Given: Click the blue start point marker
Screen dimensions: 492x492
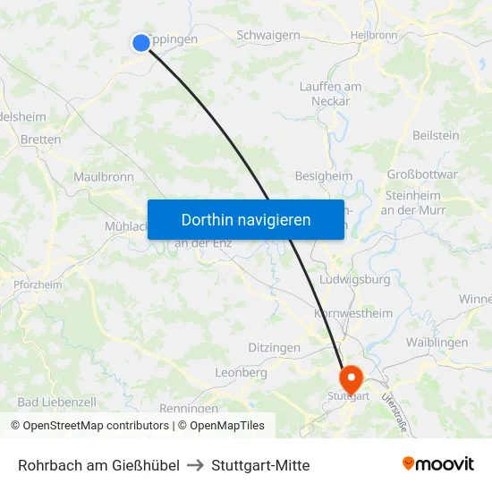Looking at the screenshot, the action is (x=141, y=42).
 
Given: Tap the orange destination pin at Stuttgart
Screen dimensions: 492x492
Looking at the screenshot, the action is (x=350, y=378).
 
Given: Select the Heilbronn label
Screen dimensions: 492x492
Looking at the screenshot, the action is (x=374, y=35).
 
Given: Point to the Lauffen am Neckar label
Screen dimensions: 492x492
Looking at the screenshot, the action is (x=330, y=94).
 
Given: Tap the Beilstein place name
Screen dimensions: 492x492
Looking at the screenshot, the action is (x=436, y=135).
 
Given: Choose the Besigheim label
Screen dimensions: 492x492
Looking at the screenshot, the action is (x=324, y=176).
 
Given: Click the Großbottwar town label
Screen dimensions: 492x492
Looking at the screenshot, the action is (x=422, y=174).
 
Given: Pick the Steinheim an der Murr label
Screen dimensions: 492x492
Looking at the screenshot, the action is (x=411, y=202).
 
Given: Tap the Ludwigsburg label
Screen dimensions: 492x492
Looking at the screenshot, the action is (x=355, y=280).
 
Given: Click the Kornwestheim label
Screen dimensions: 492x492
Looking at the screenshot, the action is (x=353, y=313).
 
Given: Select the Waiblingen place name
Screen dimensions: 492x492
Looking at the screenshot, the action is (x=437, y=343).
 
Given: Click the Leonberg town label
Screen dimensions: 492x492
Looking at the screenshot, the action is (x=242, y=372).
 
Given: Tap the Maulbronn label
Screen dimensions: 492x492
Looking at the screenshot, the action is (x=104, y=177).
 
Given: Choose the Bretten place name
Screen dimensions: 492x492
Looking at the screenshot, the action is (x=40, y=140).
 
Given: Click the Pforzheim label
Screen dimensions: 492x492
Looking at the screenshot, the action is (x=38, y=284).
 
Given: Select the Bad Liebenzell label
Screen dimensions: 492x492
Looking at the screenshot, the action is (x=56, y=403).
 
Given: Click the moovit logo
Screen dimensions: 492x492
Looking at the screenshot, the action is (x=438, y=464).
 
